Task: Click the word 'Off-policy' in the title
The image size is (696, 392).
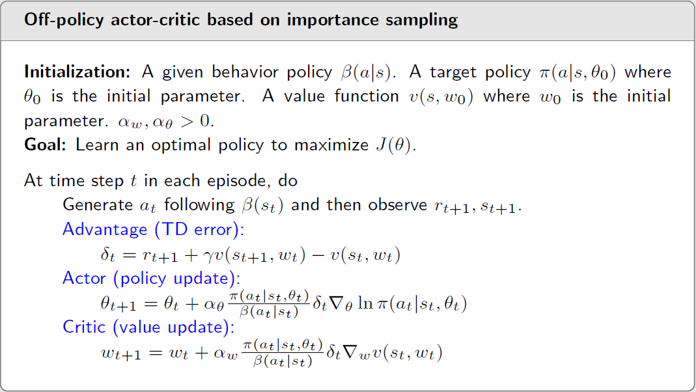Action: pyautogui.click(x=63, y=20)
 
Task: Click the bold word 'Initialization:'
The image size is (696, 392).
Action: pyautogui.click(x=77, y=72)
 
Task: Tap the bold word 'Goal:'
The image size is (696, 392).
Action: pyautogui.click(x=45, y=145)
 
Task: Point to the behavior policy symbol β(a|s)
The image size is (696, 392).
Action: pyautogui.click(x=366, y=72)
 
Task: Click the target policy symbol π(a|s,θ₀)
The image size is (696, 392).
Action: pyautogui.click(x=578, y=72)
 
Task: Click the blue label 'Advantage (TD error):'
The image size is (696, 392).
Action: pyautogui.click(x=154, y=229)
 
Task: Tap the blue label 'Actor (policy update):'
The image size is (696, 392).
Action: pyautogui.click(x=151, y=278)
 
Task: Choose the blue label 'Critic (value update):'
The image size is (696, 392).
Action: pyautogui.click(x=148, y=327)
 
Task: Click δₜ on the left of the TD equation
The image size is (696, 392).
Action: pyautogui.click(x=108, y=255)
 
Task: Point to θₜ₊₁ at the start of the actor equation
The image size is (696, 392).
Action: pyautogui.click(x=118, y=304)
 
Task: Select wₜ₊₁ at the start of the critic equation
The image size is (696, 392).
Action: pyautogui.click(x=121, y=354)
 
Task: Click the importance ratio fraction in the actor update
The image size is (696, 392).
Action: pyautogui.click(x=268, y=304)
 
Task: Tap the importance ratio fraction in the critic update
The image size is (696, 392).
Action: pyautogui.click(x=283, y=354)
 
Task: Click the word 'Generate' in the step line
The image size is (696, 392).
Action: pyautogui.click(x=98, y=204)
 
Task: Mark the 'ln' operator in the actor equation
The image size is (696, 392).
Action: pyautogui.click(x=365, y=303)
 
